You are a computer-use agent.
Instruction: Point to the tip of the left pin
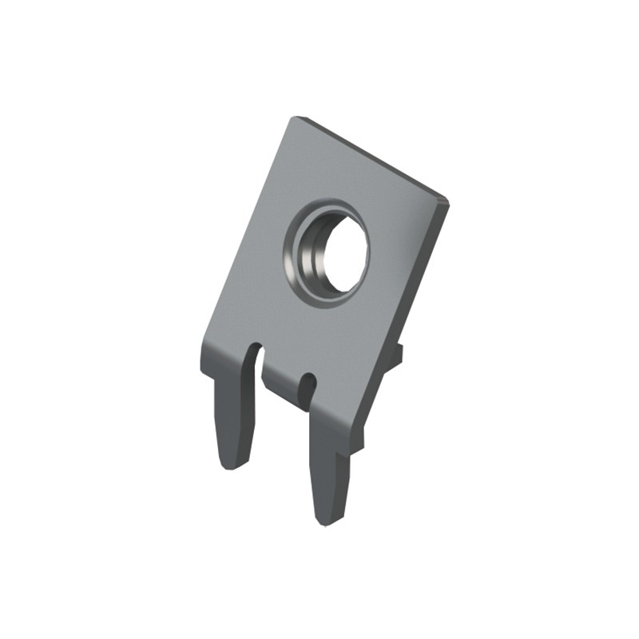coord(232,466)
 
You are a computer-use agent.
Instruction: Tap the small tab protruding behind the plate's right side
coord(398,351)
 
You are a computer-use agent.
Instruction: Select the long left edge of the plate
coord(244,232)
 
